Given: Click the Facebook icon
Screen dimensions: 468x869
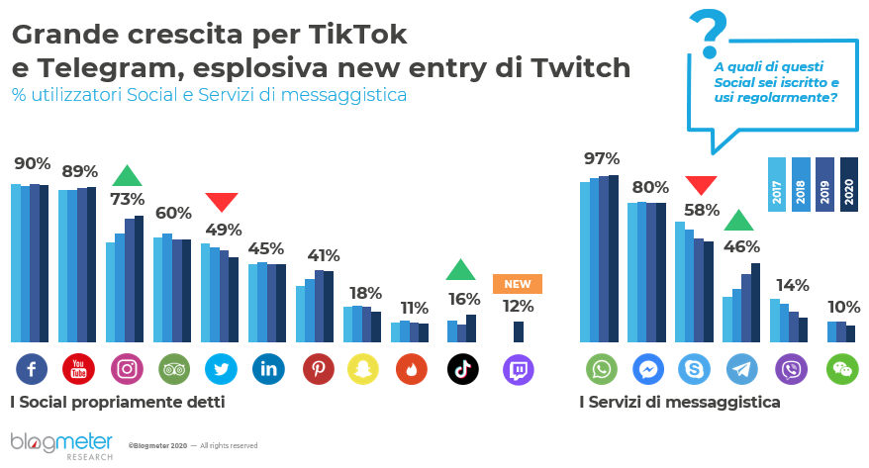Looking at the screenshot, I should [x=32, y=369].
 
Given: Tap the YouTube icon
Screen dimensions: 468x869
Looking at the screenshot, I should [x=78, y=369].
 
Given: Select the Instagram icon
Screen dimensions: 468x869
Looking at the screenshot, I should [x=127, y=369].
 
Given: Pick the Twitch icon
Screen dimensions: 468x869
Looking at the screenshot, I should [x=519, y=369].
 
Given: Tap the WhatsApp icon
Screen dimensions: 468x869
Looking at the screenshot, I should [x=601, y=369].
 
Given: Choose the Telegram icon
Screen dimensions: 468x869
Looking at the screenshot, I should [x=741, y=369].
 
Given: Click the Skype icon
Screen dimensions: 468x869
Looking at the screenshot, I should [x=694, y=369].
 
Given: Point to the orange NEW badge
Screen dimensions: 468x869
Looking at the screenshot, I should [x=518, y=284].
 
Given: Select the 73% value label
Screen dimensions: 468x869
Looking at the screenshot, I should [x=127, y=199].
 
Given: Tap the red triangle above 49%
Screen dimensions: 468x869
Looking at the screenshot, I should [x=222, y=201].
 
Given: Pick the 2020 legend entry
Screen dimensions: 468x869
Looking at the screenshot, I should [x=849, y=183].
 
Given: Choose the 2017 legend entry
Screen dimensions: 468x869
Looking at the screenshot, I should [x=777, y=183].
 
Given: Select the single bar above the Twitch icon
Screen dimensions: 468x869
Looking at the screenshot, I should [x=519, y=331].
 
